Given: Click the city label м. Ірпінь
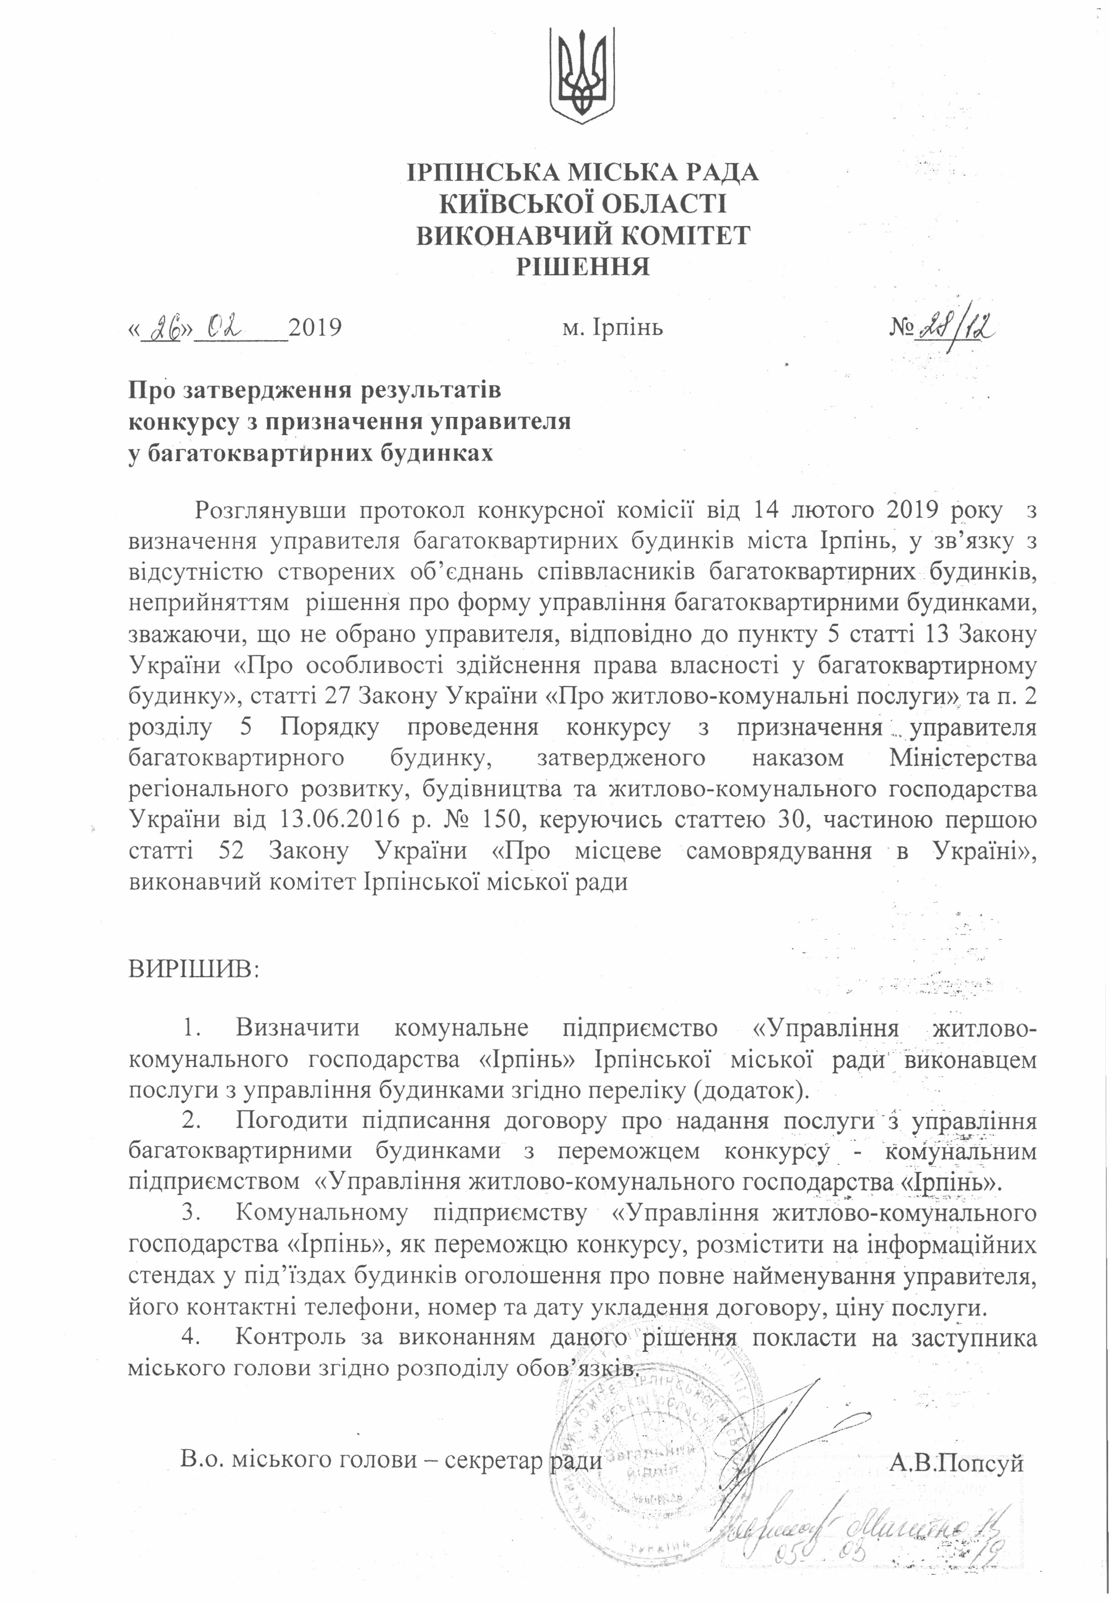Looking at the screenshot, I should tap(612, 326).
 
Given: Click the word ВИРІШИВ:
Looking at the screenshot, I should tap(193, 968).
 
